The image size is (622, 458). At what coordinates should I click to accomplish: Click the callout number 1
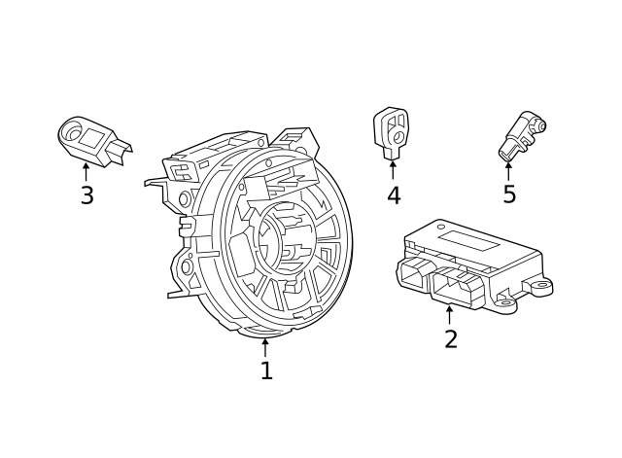coord(265,370)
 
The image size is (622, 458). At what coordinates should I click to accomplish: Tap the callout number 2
coord(450,339)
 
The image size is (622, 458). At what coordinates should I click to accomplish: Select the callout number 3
coord(86,195)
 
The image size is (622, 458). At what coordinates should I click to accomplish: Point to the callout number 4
coord(393,195)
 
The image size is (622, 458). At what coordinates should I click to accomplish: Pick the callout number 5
coord(508,194)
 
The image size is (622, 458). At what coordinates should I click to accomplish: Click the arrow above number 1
coord(265,346)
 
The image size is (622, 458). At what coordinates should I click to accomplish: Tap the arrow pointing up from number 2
coord(449,314)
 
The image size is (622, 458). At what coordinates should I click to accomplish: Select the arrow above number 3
coord(86,171)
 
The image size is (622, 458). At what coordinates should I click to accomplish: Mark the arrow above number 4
coord(393,169)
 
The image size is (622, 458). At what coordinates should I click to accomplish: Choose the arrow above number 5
coord(508,169)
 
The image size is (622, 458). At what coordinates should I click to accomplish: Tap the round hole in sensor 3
coord(71,129)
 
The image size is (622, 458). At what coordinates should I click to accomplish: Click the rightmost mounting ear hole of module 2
coord(541,286)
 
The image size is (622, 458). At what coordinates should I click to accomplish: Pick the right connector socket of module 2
coord(456,287)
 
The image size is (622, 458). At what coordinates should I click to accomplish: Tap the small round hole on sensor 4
coord(396,137)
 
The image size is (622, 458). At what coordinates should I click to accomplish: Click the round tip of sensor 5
coord(540,124)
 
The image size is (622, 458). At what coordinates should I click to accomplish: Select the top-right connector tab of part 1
coord(292,137)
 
